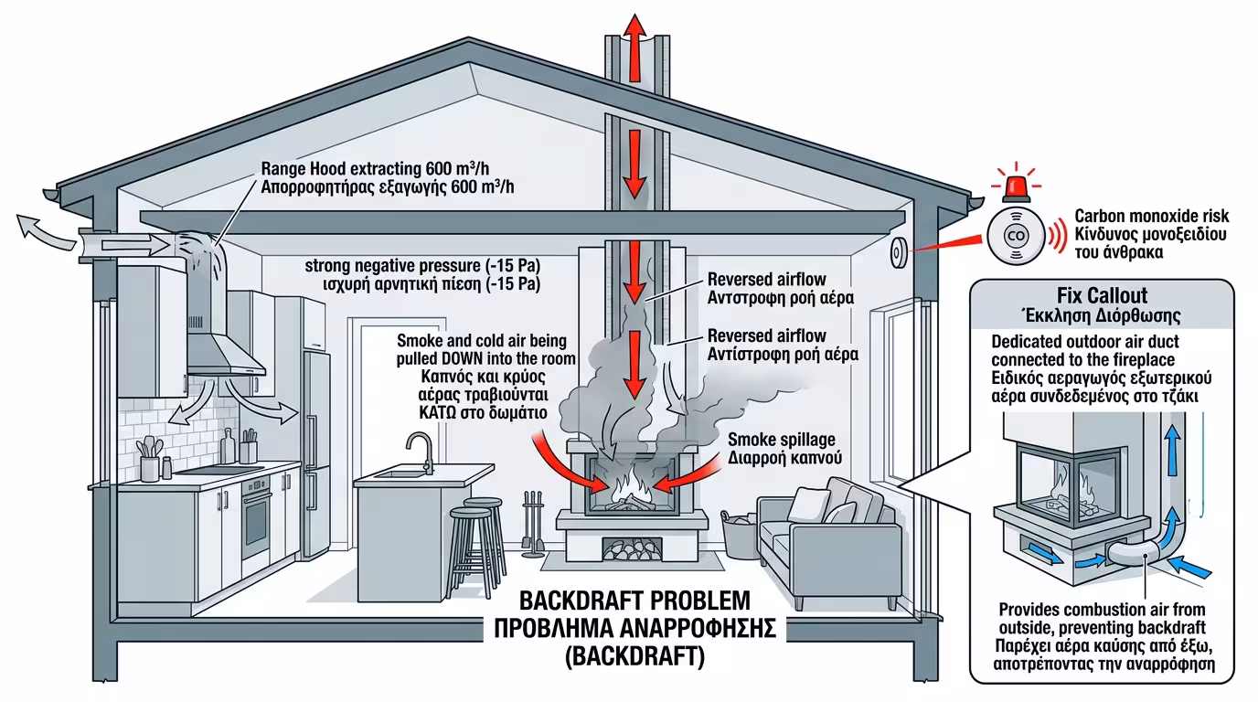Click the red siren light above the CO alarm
(x=1015, y=186)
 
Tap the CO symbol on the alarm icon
(x=1015, y=235)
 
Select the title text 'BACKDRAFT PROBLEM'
(x=634, y=601)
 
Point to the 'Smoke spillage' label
(x=781, y=440)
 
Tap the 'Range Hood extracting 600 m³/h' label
(x=389, y=169)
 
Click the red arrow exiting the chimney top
(x=631, y=37)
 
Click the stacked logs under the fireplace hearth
(x=631, y=550)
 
